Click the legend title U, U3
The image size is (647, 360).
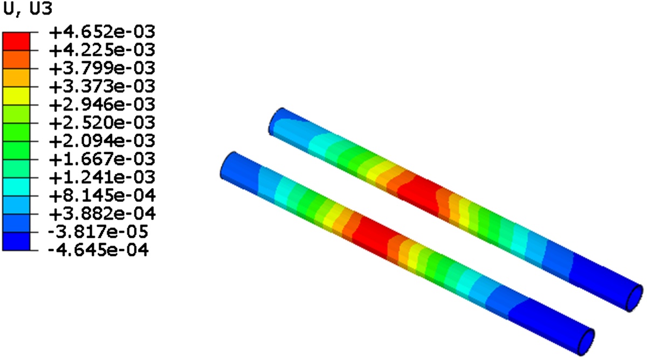27,9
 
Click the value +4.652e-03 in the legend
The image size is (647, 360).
102,32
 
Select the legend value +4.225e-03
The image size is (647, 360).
102,50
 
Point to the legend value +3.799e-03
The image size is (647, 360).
102,68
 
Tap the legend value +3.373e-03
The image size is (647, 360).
102,87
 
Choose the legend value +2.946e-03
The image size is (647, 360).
102,105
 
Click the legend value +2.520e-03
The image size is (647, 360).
102,123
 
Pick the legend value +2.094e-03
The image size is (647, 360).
102,141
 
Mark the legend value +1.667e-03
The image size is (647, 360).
102,159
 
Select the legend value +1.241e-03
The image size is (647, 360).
102,177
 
